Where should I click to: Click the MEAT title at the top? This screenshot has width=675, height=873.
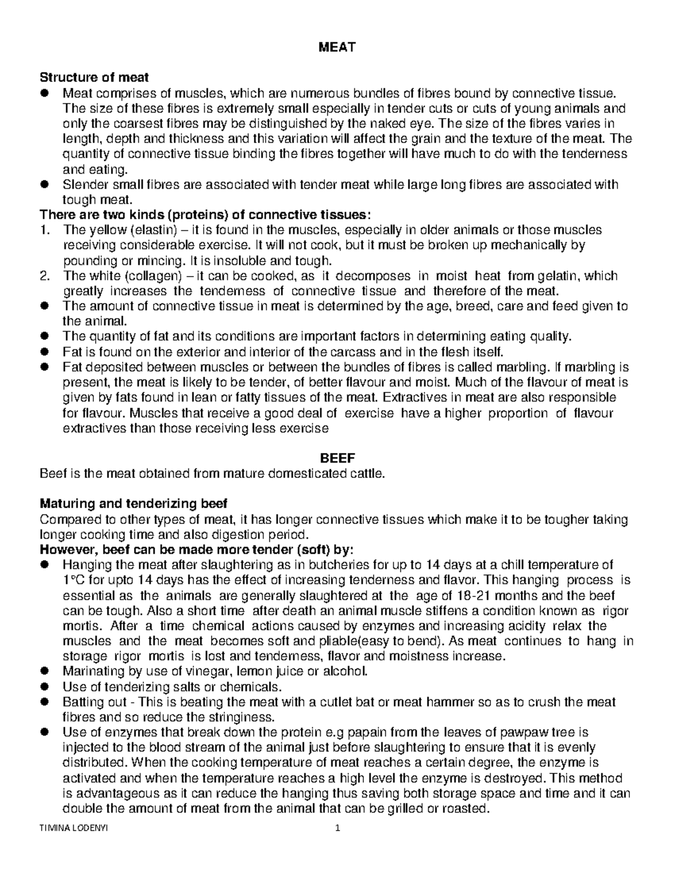click(x=337, y=48)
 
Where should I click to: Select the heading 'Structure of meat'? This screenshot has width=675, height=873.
click(x=94, y=78)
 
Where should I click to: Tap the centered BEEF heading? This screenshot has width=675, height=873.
click(x=337, y=458)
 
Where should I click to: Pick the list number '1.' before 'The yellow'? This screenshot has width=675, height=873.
click(x=44, y=229)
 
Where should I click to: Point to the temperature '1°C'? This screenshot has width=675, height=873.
click(x=74, y=580)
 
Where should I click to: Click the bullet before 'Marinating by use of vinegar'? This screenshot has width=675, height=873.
click(x=44, y=671)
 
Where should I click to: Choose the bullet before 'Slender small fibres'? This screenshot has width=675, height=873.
click(x=44, y=184)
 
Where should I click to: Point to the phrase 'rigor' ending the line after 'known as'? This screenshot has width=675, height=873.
click(x=615, y=610)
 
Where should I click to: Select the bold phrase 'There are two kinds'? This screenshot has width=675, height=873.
click(x=96, y=215)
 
